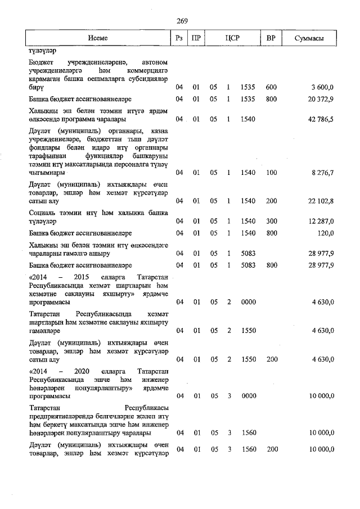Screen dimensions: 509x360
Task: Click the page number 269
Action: click(x=182, y=21)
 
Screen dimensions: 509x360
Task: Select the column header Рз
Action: click(x=179, y=38)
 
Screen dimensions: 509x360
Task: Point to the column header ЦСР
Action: click(x=232, y=38)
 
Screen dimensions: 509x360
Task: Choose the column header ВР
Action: click(x=271, y=38)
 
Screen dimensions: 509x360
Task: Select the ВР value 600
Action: click(x=271, y=87)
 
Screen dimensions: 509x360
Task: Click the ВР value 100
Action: click(x=271, y=172)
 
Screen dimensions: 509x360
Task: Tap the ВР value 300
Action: click(x=271, y=221)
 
